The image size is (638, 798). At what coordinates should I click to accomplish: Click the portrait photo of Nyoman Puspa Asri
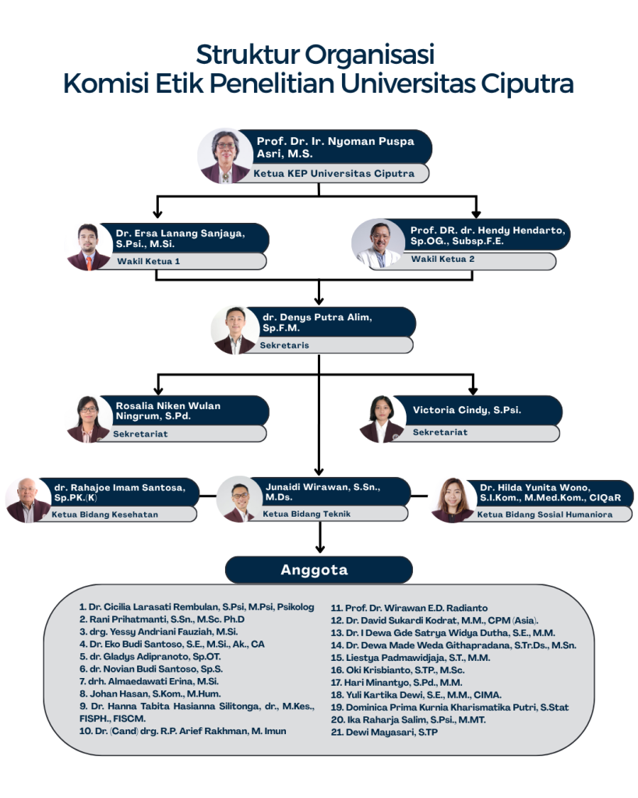tap(221, 156)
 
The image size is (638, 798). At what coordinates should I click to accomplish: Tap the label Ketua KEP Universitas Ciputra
tap(333, 174)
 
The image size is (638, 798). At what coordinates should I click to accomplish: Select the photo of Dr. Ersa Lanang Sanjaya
tap(88, 247)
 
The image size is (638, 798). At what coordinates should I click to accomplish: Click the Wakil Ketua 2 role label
tap(442, 259)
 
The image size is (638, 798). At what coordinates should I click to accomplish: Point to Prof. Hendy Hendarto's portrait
tap(379, 244)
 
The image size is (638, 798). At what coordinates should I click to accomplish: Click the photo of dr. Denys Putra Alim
tap(234, 330)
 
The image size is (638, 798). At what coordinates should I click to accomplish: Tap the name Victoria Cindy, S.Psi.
tap(467, 410)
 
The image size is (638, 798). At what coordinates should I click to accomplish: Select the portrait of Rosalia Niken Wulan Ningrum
tap(88, 419)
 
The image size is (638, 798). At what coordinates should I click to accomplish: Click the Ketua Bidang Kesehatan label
tap(105, 514)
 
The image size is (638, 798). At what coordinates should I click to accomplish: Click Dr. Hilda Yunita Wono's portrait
tap(453, 500)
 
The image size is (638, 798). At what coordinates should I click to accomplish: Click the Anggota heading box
tap(319, 570)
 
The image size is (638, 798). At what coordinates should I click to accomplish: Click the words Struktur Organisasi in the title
tap(315, 55)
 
